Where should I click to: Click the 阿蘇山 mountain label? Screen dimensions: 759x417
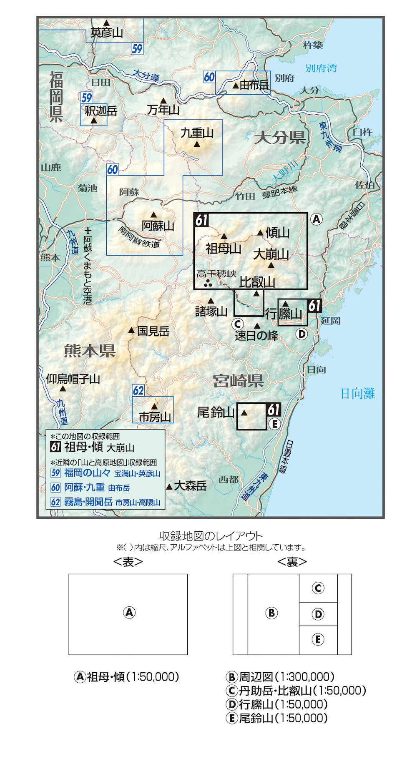click(x=158, y=226)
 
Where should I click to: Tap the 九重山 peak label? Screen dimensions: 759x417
click(x=197, y=133)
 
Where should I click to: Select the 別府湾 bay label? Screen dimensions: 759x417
click(x=321, y=68)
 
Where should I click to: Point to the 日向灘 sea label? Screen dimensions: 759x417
click(x=357, y=393)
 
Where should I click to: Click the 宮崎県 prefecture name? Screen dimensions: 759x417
click(x=238, y=380)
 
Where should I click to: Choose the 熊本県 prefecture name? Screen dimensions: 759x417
click(x=90, y=351)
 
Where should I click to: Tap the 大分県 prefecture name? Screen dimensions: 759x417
click(x=280, y=137)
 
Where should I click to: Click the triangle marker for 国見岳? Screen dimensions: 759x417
click(x=131, y=331)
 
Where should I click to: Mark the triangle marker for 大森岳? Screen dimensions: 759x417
click(x=169, y=487)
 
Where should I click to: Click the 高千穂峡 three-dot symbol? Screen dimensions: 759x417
click(x=208, y=284)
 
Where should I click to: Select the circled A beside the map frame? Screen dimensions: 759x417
click(x=317, y=219)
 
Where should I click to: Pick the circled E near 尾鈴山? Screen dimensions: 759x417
click(x=274, y=424)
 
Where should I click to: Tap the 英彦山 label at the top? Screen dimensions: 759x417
click(x=107, y=32)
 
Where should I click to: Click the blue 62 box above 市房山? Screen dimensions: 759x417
click(x=138, y=391)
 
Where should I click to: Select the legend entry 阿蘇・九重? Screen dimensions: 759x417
click(x=84, y=488)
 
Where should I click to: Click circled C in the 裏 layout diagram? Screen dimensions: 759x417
click(x=318, y=588)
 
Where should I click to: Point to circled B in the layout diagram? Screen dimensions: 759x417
click(x=271, y=613)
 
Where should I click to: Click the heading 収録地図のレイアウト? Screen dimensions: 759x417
click(x=211, y=536)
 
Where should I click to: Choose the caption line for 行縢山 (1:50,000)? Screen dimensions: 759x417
click(x=277, y=704)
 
